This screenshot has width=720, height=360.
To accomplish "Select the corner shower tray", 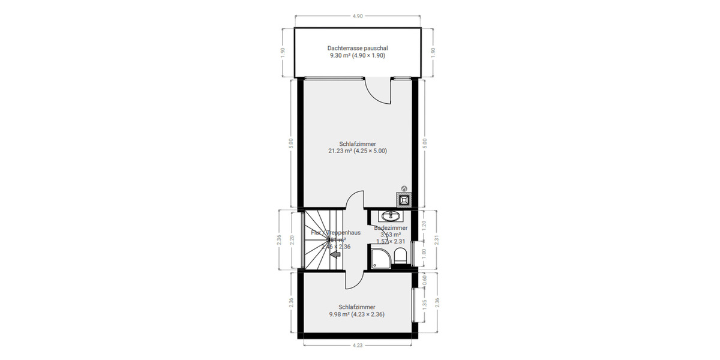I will coord(380,259).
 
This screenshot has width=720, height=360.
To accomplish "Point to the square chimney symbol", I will coord(404,199).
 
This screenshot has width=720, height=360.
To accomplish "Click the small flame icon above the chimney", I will coord(404,188).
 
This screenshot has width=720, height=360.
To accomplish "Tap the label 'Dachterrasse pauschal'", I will coord(357,47).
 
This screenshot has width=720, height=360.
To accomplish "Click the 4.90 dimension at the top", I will coord(357,16).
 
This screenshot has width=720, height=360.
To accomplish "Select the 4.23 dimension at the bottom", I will coord(357,345).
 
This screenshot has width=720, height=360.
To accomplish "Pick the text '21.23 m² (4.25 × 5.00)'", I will coord(357,151).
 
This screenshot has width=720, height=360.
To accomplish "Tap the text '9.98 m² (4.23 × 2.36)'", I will coord(357,314).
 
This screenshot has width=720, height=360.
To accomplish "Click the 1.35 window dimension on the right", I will coord(424,304).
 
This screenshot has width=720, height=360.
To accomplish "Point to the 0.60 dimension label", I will coord(424,278).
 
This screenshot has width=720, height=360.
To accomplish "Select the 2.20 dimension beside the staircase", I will coord(292,240).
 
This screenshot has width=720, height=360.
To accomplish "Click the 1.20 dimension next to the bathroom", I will coord(424,226).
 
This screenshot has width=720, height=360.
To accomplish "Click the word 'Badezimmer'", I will coord(391,228).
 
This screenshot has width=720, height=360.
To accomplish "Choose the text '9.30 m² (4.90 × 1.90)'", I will coord(357,55).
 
